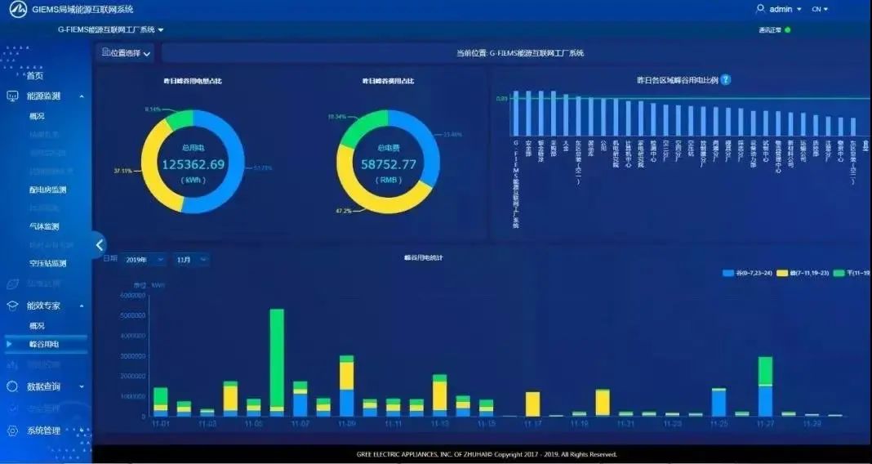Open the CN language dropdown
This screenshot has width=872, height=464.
click(x=820, y=9)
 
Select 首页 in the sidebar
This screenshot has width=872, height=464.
click(x=35, y=76)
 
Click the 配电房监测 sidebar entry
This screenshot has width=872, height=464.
click(x=47, y=190)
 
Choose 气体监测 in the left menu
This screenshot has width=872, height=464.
click(x=44, y=226)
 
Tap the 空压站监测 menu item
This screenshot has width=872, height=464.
click(x=47, y=263)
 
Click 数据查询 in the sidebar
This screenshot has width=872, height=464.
click(x=44, y=386)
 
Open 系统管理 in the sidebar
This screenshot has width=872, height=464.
click(x=44, y=431)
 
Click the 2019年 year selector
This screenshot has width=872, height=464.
click(x=145, y=260)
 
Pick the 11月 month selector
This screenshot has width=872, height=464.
click(x=191, y=260)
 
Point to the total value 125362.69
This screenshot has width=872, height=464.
click(x=193, y=164)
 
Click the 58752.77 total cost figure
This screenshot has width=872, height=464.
click(x=389, y=164)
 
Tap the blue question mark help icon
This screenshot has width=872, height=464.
click(x=726, y=80)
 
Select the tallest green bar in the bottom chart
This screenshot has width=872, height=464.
click(x=277, y=357)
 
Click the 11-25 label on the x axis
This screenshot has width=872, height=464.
click(x=719, y=424)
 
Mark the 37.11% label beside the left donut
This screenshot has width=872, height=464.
click(x=123, y=171)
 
